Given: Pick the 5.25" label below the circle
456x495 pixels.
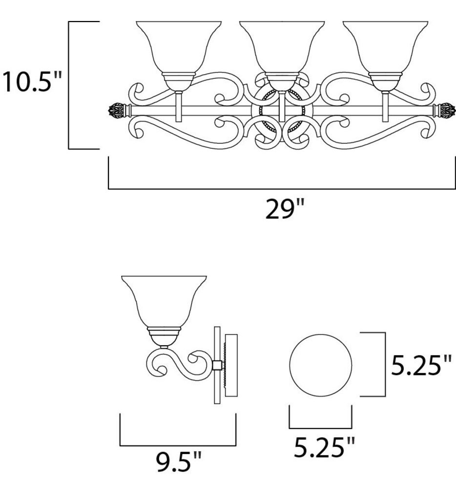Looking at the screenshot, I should [324, 447].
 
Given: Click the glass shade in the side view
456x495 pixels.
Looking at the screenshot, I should [164, 302].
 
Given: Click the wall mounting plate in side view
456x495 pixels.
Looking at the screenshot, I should [232, 366].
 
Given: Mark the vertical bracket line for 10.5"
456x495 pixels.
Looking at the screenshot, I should [69, 85].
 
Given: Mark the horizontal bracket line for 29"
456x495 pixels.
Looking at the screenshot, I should [281, 188].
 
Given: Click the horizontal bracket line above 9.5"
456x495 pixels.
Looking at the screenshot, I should [178, 445].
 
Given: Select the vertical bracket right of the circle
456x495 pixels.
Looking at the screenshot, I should [386, 364].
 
